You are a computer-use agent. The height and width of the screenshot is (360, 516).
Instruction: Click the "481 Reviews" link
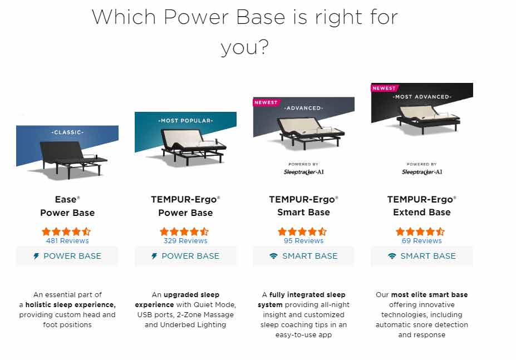point(67,241)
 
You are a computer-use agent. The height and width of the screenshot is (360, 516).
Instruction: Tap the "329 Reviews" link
point(185,241)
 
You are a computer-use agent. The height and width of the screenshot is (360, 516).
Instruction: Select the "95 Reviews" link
point(303,241)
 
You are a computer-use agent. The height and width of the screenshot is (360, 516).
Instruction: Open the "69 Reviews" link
point(421,241)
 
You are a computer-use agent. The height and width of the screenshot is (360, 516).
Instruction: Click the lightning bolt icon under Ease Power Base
point(37,257)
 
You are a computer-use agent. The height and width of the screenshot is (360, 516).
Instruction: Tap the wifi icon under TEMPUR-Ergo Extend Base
point(392,257)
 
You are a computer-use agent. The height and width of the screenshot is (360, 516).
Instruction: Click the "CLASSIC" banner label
point(67,132)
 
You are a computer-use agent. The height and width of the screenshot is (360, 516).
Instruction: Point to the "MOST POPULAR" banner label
point(185,120)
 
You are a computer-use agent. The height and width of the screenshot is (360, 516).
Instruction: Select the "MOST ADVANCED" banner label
point(422,97)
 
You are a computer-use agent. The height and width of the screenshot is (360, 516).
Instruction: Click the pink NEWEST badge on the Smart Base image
point(266,102)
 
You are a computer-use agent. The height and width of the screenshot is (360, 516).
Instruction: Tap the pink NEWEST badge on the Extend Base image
point(384,88)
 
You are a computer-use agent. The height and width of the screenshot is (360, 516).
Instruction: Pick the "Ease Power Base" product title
point(67,205)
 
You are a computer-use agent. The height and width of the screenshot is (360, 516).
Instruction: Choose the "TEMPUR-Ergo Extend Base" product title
point(421,205)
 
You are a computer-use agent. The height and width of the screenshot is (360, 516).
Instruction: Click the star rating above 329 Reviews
point(184,231)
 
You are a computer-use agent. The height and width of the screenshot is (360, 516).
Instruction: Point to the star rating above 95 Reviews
point(302,231)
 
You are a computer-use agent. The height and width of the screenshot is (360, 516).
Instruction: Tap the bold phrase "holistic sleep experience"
point(71,305)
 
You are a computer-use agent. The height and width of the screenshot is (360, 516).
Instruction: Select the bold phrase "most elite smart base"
point(429,295)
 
